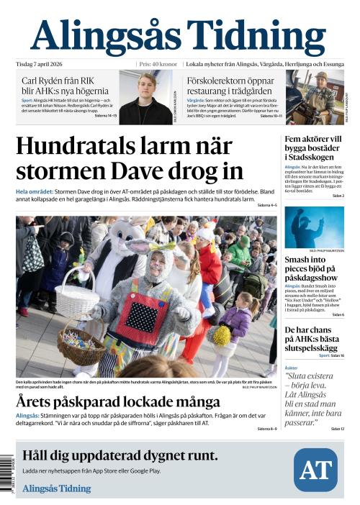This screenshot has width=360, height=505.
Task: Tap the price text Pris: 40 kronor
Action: point(158,63)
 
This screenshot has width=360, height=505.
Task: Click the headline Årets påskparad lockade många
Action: point(118,401)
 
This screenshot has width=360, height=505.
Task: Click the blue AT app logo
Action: point(315,470)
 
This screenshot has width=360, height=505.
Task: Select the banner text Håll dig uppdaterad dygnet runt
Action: point(120,455)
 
